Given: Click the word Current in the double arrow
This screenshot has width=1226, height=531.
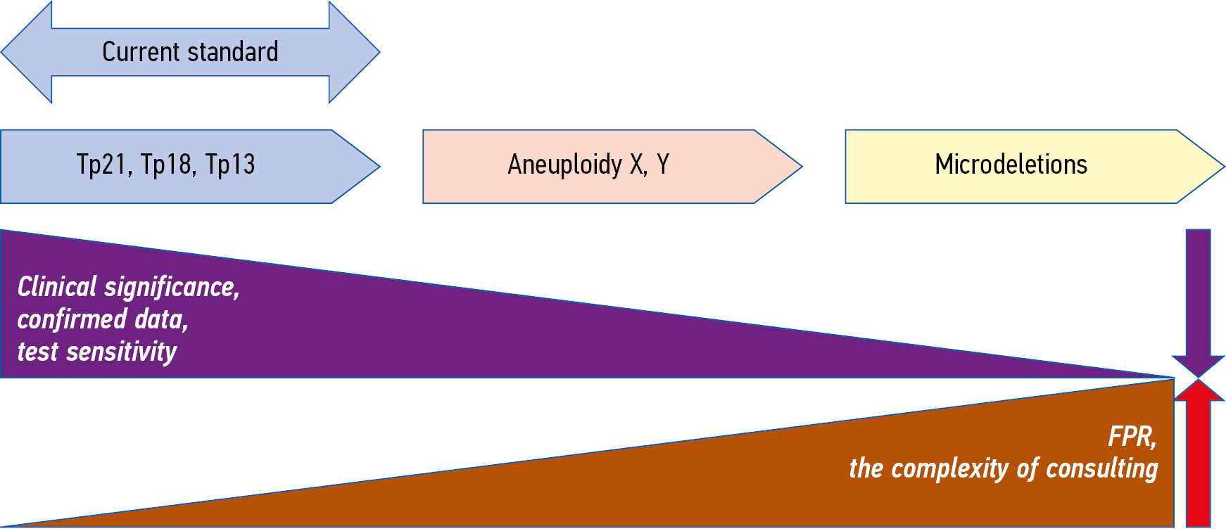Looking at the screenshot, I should coord(131,52).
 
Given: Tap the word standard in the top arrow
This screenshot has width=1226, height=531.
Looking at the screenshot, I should coord(233,52).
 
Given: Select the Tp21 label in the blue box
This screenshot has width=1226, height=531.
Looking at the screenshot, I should coord(101,165).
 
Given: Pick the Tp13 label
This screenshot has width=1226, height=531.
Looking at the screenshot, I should coord(230,165).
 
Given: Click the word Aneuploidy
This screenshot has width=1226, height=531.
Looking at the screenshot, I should coord(564,165).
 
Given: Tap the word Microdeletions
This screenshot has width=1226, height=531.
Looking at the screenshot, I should coord(1011,165).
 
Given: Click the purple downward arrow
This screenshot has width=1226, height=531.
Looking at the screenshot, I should coord(1199,302).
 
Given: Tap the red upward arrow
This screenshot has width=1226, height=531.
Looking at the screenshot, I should coord(1199,457).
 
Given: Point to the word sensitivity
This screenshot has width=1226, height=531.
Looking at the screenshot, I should coord(121,352).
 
